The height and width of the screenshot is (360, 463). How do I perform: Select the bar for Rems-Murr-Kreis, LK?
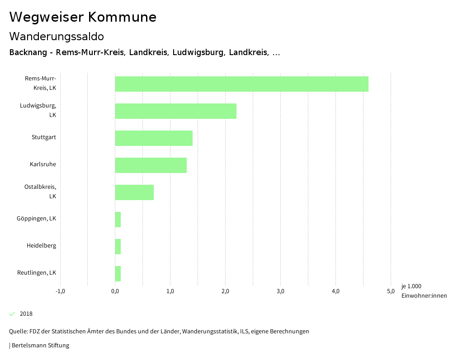241,84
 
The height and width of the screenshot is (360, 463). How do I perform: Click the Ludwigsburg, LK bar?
175,111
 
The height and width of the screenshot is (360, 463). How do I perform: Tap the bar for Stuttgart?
154,138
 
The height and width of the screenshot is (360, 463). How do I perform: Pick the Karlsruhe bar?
151,165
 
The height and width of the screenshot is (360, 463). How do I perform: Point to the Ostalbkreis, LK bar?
134,192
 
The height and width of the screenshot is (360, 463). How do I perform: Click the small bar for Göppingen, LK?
118,220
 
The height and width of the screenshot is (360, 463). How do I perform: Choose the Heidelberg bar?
118,247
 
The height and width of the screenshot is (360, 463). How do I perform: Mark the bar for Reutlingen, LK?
118,274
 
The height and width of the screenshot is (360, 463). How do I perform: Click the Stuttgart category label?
44,137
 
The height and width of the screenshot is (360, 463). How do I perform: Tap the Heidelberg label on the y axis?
41,246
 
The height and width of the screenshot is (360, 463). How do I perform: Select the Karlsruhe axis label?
43,164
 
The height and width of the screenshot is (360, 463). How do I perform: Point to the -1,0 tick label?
60,291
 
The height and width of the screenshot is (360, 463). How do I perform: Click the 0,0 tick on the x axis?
115,291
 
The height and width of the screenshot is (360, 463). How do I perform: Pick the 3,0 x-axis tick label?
280,291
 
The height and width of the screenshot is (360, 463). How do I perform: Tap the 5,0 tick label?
391,291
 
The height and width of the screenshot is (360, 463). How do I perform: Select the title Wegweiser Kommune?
83,17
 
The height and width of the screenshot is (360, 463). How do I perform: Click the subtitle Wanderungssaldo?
57,36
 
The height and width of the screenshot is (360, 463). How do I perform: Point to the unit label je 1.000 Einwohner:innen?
424,291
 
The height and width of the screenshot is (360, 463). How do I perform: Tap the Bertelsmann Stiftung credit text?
40,346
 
